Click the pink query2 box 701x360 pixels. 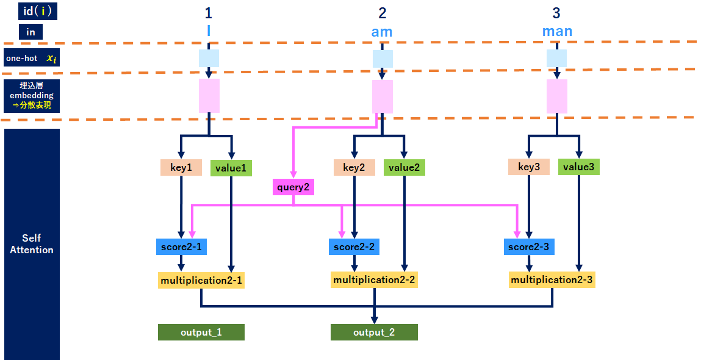pos(293,187)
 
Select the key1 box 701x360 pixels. pos(181,167)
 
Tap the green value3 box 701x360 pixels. pos(578,167)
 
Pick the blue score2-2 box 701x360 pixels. pos(354,247)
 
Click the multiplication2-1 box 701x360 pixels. pos(201,281)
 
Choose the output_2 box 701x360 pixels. pos(374,332)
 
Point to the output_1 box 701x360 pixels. pos(201,332)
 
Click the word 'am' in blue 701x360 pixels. pos(382,32)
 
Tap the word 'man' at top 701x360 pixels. pos(557,31)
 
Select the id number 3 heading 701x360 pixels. pos(556,13)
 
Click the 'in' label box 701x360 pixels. pos(31,32)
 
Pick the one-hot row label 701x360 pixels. pos(32,58)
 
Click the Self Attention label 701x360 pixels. pos(32,244)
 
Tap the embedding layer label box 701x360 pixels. pos(32,96)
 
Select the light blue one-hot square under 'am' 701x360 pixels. pos(383,59)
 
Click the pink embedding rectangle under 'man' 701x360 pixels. pos(557,96)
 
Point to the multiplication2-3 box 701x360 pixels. pos(552,280)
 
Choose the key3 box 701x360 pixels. pos(528,167)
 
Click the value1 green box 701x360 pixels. pos(231,168)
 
